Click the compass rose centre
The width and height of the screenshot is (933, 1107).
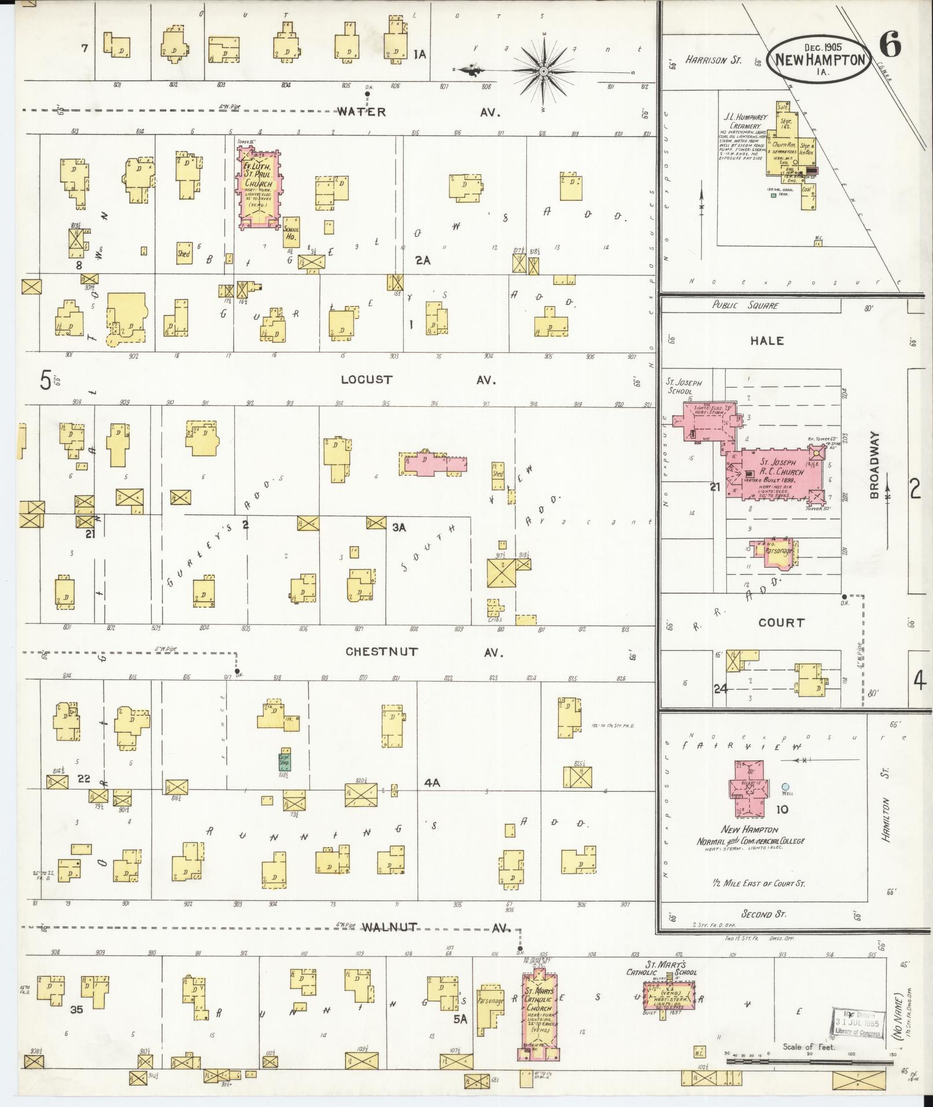click(x=544, y=71)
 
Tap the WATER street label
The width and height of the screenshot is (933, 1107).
click(x=362, y=112)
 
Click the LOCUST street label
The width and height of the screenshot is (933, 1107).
click(x=366, y=380)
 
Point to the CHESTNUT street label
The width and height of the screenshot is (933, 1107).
click(x=381, y=652)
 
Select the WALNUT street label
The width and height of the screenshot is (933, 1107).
click(x=389, y=927)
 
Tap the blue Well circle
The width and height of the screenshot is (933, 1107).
click(x=785, y=786)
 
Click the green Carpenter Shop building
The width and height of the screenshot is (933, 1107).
click(x=285, y=761)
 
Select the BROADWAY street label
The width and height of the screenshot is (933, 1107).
click(x=874, y=465)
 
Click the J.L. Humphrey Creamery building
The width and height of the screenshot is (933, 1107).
click(x=790, y=150)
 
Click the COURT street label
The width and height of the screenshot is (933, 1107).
click(x=781, y=623)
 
